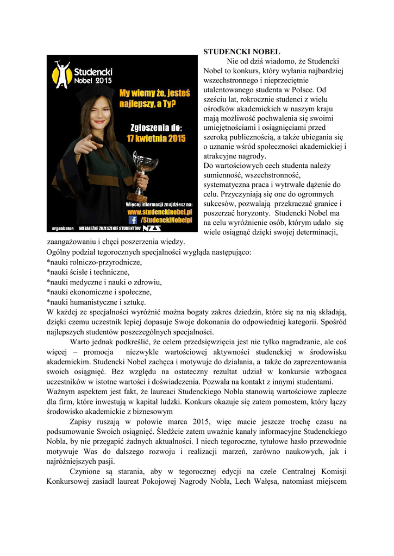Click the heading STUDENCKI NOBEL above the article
[x=234, y=52]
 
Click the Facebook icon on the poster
[x=133, y=220]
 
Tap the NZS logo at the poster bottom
[x=152, y=229]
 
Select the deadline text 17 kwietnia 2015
[x=156, y=138]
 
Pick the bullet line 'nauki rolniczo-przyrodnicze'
[x=95, y=262]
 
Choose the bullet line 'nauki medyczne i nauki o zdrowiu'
[x=105, y=282]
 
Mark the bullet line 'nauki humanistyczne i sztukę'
[x=97, y=302]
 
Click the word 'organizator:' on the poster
[x=62, y=229]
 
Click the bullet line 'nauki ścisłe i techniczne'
[x=89, y=272]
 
